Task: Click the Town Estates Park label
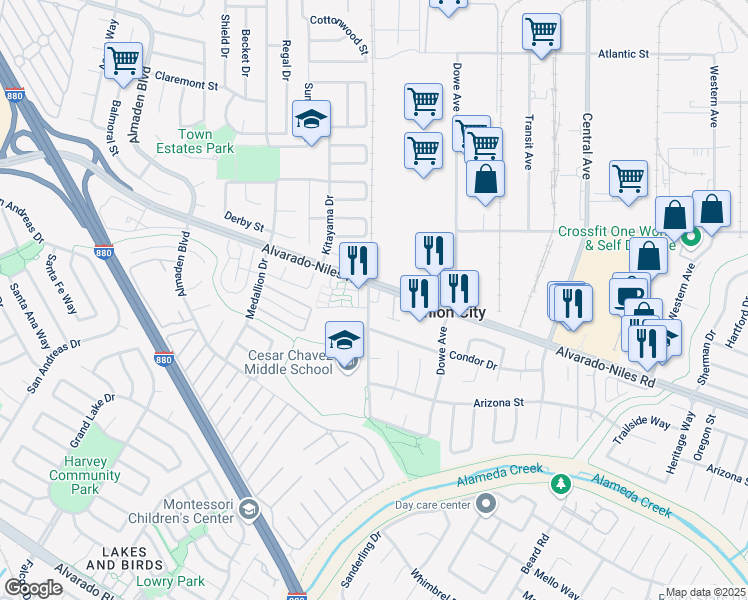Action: (194, 142)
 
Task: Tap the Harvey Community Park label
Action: (85, 475)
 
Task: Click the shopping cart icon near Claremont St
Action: (123, 60)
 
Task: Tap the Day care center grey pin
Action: (486, 502)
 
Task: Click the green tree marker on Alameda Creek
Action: (561, 485)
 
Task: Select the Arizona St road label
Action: (499, 403)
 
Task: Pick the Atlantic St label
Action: (623, 55)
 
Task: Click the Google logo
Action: (32, 588)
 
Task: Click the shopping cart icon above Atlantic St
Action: (540, 30)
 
